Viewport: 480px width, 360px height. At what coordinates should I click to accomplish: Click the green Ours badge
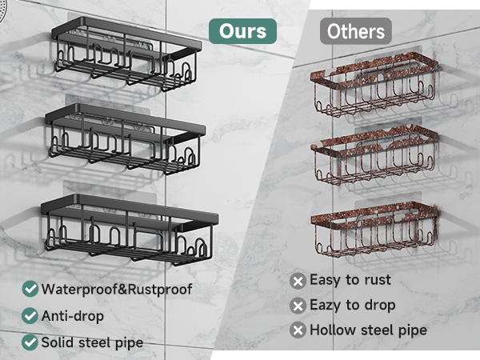tap(242, 31)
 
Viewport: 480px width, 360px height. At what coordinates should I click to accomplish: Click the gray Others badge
tap(356, 31)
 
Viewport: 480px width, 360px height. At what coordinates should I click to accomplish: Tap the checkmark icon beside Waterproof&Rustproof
tap(30, 289)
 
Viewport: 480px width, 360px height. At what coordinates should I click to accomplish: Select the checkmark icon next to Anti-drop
tap(30, 316)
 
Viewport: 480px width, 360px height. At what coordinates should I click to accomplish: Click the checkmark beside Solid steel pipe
tap(30, 342)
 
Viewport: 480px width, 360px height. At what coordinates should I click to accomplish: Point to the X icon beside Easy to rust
tap(298, 281)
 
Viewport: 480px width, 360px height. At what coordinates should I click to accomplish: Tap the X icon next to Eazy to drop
tap(298, 306)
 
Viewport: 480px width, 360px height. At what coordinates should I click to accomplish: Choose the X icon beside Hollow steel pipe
tap(298, 330)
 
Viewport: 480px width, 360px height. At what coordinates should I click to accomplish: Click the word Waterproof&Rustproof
tap(117, 290)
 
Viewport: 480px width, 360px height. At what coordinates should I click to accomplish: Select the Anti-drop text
tap(73, 316)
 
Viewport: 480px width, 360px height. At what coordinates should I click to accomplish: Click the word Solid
tap(58, 342)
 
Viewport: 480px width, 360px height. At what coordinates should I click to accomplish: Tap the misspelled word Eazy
tap(326, 306)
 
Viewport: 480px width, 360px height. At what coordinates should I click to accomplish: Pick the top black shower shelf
tap(126, 54)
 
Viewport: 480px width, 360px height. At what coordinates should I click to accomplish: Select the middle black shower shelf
tap(126, 138)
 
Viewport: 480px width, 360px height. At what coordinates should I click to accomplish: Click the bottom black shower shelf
tap(130, 229)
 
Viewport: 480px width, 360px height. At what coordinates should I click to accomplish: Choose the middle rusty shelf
tap(374, 155)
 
